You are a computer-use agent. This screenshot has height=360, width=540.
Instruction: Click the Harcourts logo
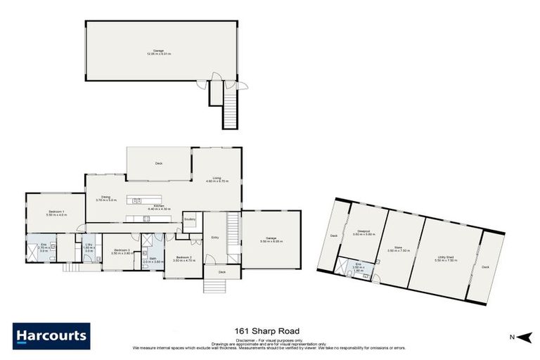pos(51,335)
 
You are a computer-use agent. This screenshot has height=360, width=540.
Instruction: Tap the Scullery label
pos(189,219)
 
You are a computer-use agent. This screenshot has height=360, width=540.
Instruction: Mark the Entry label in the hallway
pos(214,238)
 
